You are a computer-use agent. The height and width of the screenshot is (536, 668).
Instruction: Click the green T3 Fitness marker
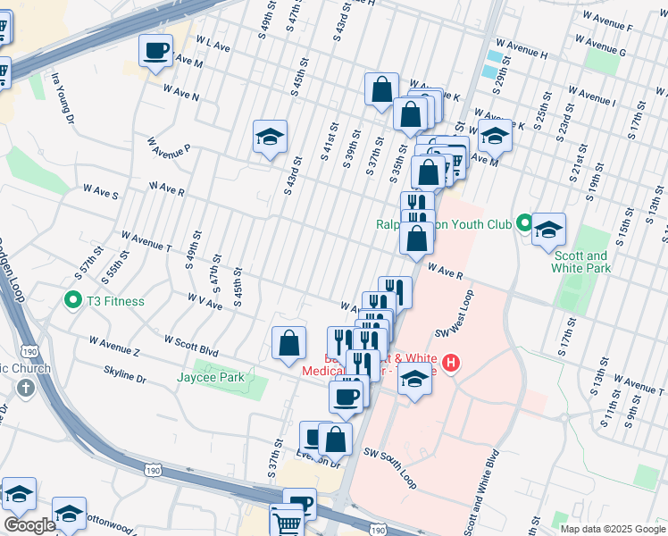[x=71, y=301]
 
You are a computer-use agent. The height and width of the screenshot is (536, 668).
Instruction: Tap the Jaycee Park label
[x=219, y=377]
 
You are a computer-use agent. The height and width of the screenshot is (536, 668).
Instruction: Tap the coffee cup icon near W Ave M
[x=156, y=51]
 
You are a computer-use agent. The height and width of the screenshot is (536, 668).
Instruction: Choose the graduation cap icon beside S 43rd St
[x=270, y=138]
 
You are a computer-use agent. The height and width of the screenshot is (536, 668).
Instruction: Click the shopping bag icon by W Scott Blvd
[x=289, y=343]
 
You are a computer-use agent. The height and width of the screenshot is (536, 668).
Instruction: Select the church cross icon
[x=25, y=389]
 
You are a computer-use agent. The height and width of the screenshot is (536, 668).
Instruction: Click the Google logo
[x=29, y=525]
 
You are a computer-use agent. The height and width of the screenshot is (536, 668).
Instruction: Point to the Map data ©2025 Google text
[x=612, y=528]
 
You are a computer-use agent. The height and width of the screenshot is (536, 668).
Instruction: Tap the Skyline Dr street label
[x=125, y=378]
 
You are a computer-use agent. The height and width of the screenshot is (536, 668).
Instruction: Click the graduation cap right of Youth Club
[x=548, y=229]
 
